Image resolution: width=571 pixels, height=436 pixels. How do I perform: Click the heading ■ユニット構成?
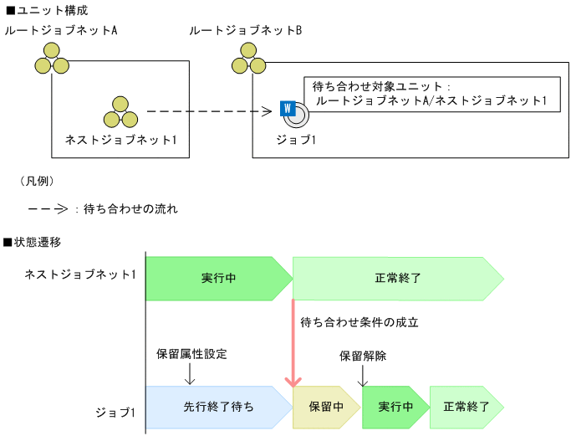pyautogui.click(x=46, y=11)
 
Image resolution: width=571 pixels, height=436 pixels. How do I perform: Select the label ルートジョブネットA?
pyautogui.click(x=60, y=30)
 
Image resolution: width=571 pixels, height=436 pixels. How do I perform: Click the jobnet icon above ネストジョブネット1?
pyautogui.click(x=120, y=111)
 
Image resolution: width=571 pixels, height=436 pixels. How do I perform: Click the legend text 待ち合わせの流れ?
pyautogui.click(x=130, y=208)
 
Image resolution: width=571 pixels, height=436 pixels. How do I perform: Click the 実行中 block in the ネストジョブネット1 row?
pyautogui.click(x=217, y=278)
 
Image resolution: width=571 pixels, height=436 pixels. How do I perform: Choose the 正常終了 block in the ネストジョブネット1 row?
pyautogui.click(x=397, y=278)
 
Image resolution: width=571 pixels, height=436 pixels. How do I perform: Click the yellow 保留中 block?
pyautogui.click(x=325, y=407)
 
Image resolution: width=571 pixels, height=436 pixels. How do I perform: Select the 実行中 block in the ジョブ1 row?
pyautogui.click(x=394, y=407)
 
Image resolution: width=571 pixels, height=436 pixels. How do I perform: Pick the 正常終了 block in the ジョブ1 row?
pyautogui.click(x=466, y=407)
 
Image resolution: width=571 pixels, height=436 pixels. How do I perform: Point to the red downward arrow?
pyautogui.click(x=293, y=343)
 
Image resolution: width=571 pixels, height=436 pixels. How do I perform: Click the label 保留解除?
pyautogui.click(x=363, y=355)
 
